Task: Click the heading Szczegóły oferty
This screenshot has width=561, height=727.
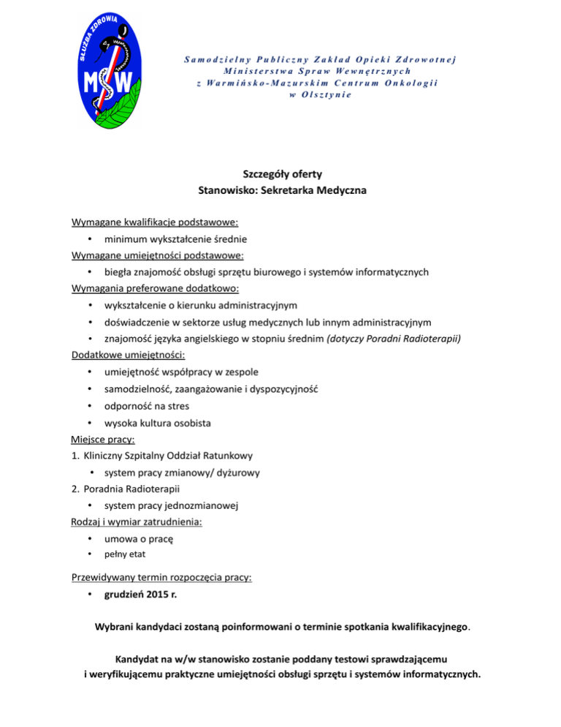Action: (x=281, y=175)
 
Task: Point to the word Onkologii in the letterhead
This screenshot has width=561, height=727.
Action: (x=410, y=83)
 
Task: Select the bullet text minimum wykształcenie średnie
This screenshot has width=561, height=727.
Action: (x=175, y=239)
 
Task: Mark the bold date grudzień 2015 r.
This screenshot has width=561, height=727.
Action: (x=140, y=595)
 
